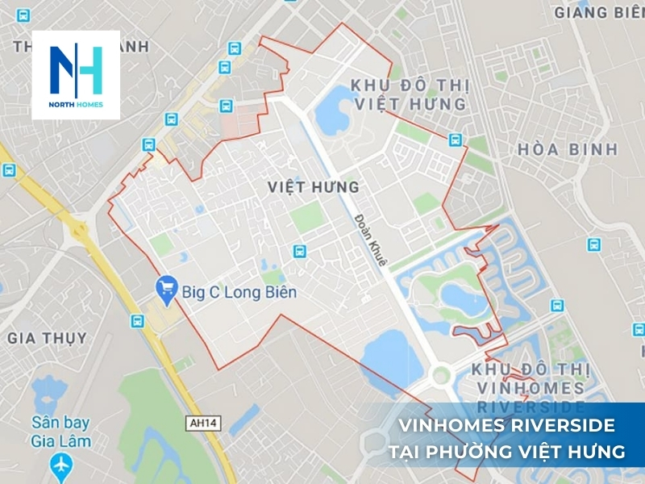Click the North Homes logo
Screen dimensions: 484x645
(76, 75)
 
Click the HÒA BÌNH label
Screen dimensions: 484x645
(568, 149)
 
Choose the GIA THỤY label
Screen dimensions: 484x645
(47, 337)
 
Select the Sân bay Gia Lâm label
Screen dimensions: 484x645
(60, 432)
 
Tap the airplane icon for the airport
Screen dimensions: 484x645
(60, 465)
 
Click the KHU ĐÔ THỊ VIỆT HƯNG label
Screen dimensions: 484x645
(408, 94)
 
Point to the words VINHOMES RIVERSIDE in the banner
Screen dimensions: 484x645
(507, 426)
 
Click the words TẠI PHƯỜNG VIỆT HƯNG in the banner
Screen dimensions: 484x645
(506, 452)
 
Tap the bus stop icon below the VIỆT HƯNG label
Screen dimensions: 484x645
(300, 251)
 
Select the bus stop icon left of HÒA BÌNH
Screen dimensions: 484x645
(456, 140)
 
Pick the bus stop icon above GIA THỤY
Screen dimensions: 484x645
(137, 320)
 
